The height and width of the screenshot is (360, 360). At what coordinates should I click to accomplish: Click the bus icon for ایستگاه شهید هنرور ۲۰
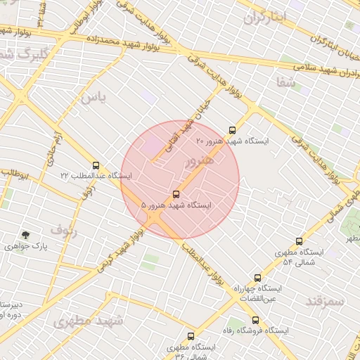[x=233, y=130]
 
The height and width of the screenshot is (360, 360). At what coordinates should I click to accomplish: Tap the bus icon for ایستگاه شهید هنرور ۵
[x=176, y=194]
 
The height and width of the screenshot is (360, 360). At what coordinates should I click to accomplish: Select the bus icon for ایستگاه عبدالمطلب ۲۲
[x=96, y=165]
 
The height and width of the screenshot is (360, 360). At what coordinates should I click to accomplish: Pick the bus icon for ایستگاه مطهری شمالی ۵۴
[x=300, y=241]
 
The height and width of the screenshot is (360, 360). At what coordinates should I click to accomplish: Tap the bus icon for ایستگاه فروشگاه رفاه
[x=255, y=320]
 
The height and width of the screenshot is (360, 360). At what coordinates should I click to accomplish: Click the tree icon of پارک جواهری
[x=26, y=235]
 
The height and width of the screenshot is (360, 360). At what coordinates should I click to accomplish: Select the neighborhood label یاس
[x=93, y=98]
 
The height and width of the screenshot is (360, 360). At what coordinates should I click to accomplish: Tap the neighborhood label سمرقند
[x=325, y=301]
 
